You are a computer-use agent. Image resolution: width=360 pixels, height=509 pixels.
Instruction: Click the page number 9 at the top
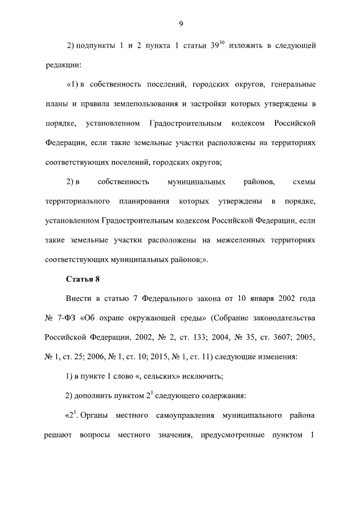click(x=181, y=23)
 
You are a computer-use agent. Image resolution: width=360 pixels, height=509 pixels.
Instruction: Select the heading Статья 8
click(x=83, y=280)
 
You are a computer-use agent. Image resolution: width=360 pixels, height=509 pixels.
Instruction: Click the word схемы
click(x=304, y=182)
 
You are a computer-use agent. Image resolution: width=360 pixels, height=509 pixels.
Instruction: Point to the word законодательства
click(x=278, y=319)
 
